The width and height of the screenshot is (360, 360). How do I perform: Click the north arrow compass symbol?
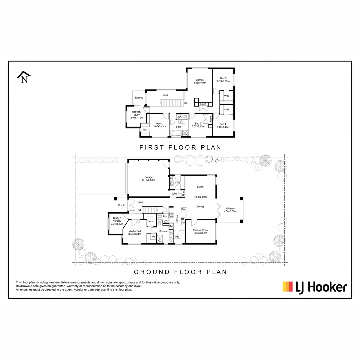(x=24, y=77)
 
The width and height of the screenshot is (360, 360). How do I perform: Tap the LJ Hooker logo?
(x=314, y=287)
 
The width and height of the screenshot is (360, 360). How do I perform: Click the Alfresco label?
(x=230, y=209)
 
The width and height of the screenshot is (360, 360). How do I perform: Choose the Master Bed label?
(x=135, y=233)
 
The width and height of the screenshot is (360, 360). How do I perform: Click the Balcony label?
(x=139, y=98)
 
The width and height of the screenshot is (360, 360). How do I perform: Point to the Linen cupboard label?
(x=203, y=104)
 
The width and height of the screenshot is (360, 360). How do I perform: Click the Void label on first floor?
(x=165, y=95)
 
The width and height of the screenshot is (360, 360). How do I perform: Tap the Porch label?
(x=121, y=205)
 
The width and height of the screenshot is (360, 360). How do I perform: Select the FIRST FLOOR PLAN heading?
(x=180, y=147)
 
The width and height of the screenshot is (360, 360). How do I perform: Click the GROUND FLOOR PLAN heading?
(x=180, y=272)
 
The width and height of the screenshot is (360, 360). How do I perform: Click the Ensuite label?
(x=163, y=231)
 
